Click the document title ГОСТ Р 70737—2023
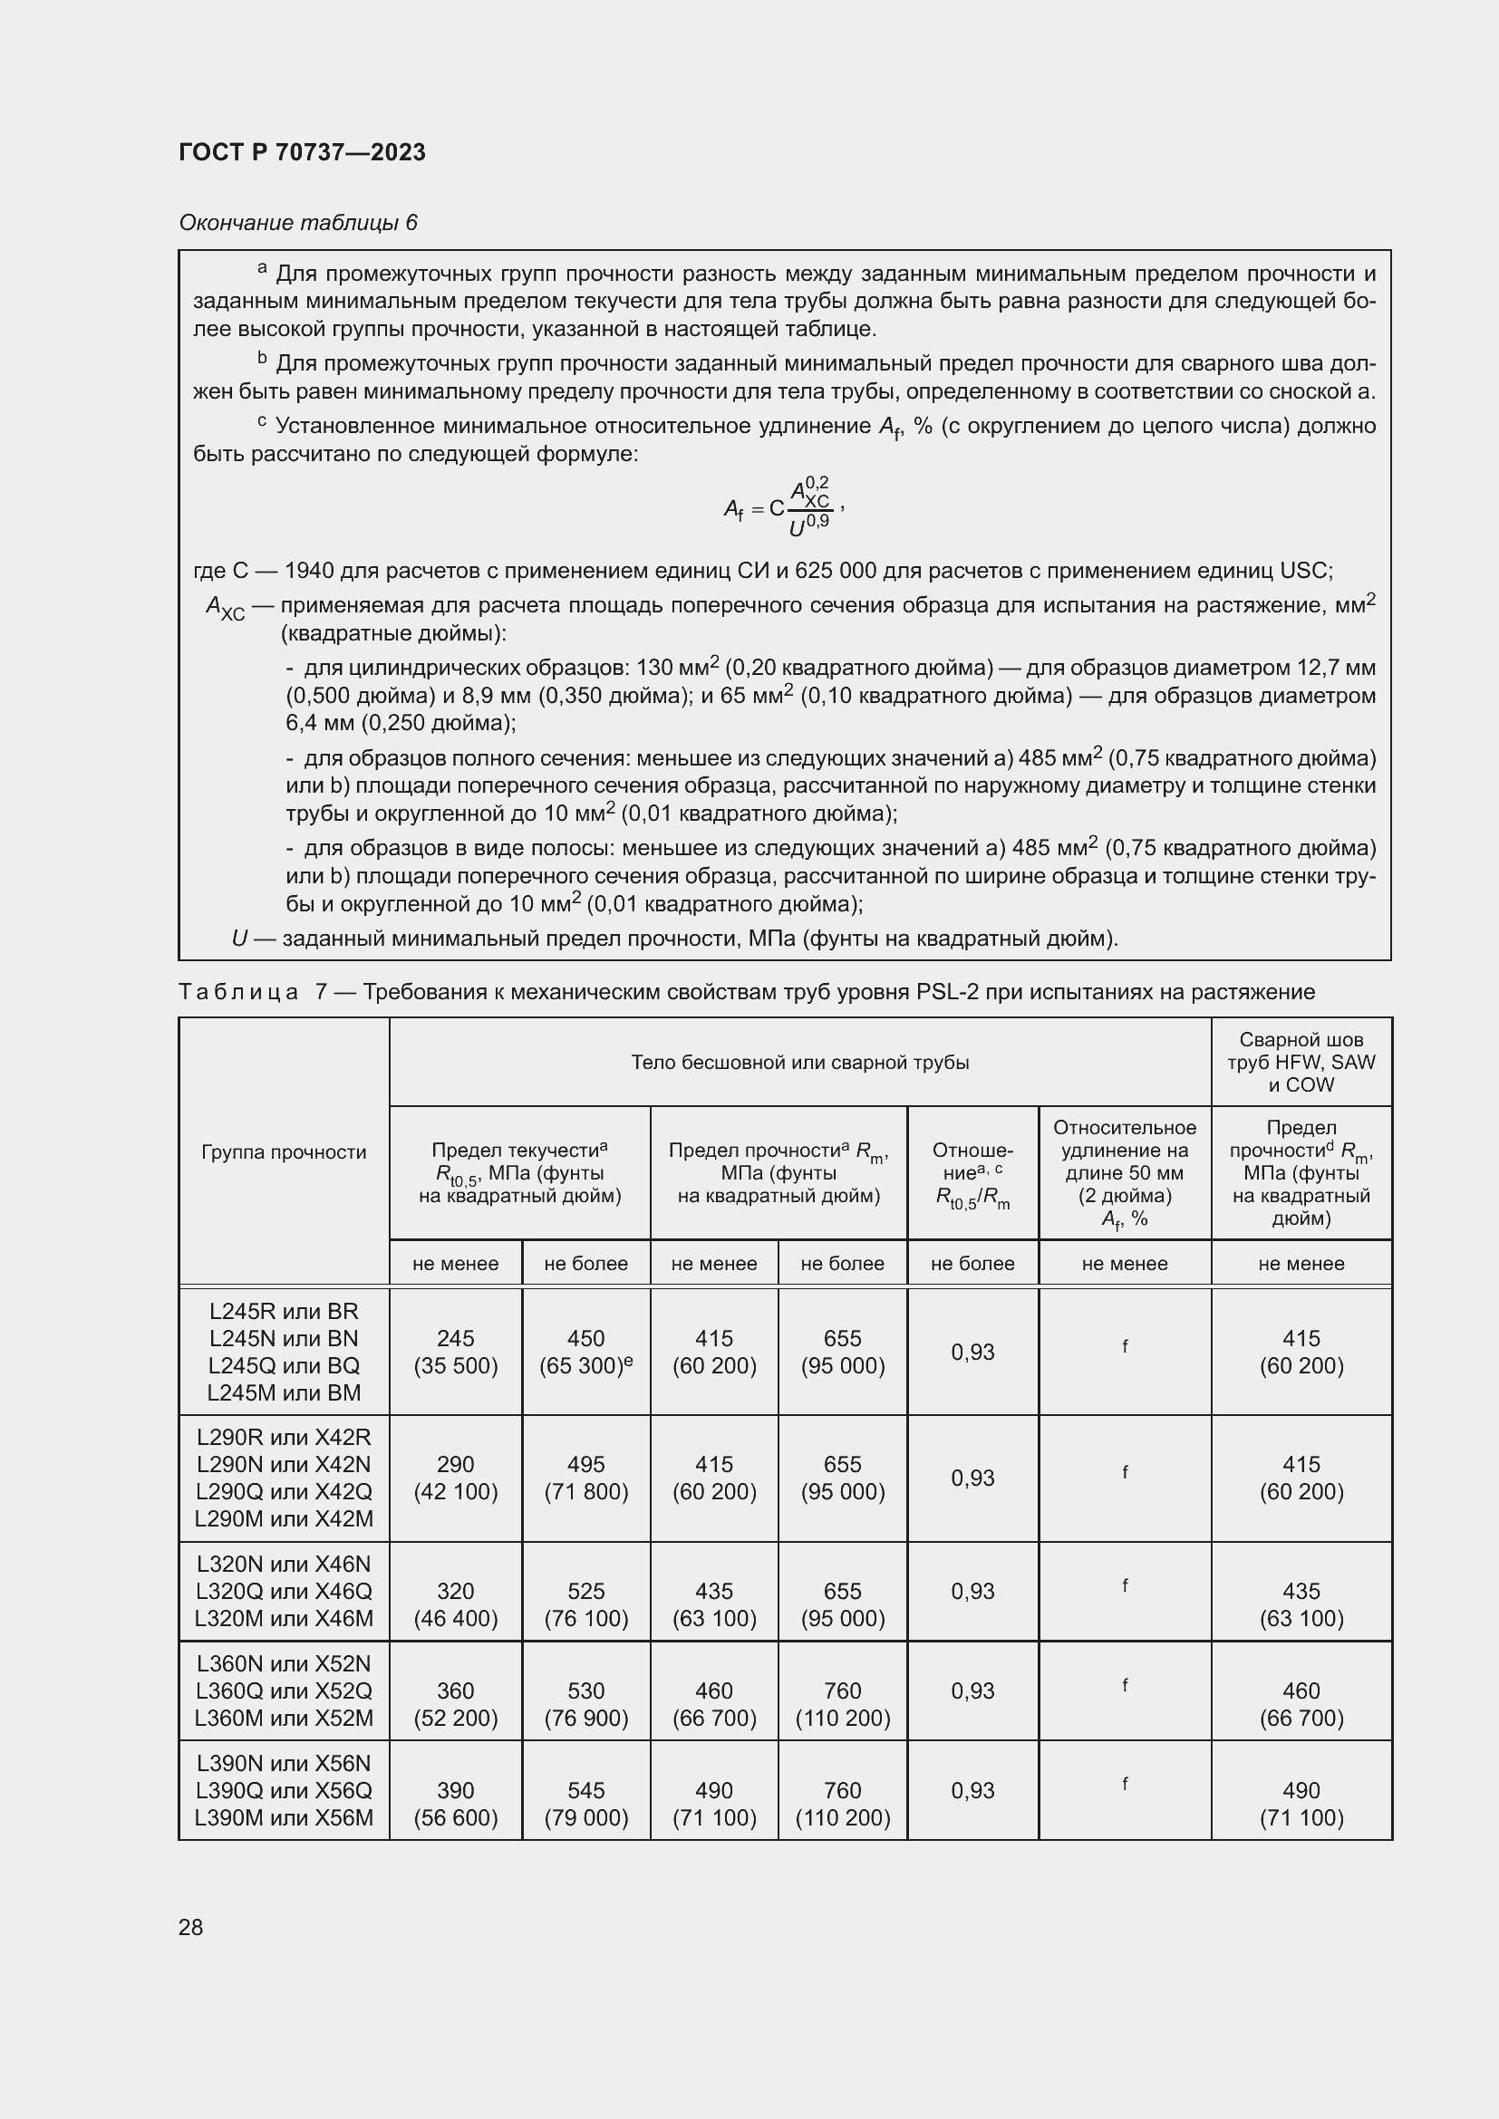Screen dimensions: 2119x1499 pyautogui.click(x=302, y=152)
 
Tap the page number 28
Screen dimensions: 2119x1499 pyautogui.click(x=190, y=1927)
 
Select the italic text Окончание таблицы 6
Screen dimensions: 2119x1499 pyautogui.click(x=297, y=223)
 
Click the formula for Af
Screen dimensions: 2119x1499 pyautogui.click(x=783, y=506)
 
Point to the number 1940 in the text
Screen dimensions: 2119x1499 pyautogui.click(x=308, y=571)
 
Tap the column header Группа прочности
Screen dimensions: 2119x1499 pyautogui.click(x=284, y=1151)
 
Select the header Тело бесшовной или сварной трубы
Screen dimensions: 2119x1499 pyautogui.click(x=799, y=1063)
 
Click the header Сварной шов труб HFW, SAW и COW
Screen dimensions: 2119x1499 pyautogui.click(x=1301, y=1063)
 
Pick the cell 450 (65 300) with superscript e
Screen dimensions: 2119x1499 pyautogui.click(x=585, y=1352)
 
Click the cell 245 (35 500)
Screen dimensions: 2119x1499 pyautogui.click(x=455, y=1352)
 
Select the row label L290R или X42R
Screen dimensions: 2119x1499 pyautogui.click(x=284, y=1437)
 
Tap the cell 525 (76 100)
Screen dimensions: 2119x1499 pyautogui.click(x=585, y=1605)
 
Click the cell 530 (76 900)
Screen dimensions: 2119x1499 pyautogui.click(x=585, y=1705)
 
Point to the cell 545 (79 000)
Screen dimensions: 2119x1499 pyautogui.click(x=585, y=1805)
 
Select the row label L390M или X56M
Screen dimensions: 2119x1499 pyautogui.click(x=284, y=1818)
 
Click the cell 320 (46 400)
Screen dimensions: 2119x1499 pyautogui.click(x=455, y=1605)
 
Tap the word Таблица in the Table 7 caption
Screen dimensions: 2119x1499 pyautogui.click(x=238, y=992)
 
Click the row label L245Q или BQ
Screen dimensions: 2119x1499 pyautogui.click(x=284, y=1366)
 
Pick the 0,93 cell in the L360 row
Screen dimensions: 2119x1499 pyautogui.click(x=972, y=1690)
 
